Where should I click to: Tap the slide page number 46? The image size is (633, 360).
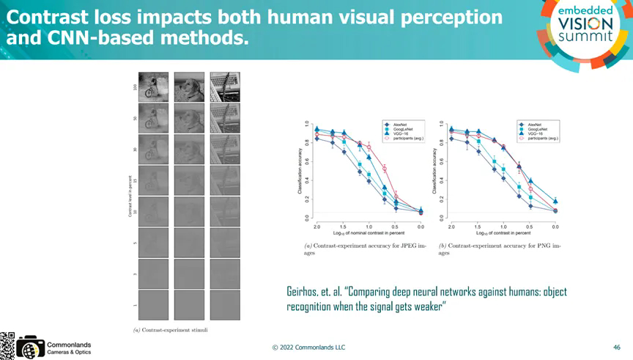tap(616, 346)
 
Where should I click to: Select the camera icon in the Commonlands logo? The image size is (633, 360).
tap(30, 347)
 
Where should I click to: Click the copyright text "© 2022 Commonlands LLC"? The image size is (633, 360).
tap(308, 347)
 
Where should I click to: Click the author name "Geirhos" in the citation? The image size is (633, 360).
tap(303, 292)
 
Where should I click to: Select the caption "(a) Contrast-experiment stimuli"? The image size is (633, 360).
tap(170, 330)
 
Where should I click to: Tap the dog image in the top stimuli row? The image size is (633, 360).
tap(189, 85)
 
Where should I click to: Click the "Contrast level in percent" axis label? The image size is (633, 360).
tap(130, 196)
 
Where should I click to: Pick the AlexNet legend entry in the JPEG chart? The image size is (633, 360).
tap(400, 124)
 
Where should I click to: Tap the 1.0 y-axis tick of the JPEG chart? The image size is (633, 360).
tap(307, 122)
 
